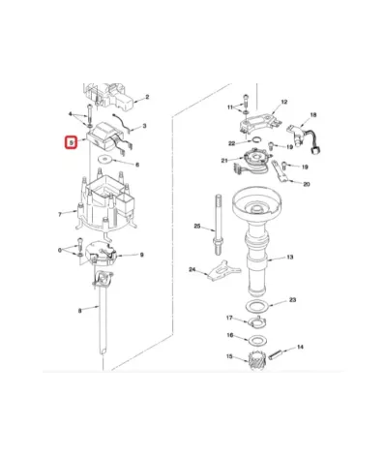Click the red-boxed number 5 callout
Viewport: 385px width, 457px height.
(x=70, y=144)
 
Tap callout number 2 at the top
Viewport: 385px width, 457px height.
(x=147, y=98)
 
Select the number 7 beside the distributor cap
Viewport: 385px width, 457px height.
(x=60, y=213)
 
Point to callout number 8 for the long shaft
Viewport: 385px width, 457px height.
(x=79, y=311)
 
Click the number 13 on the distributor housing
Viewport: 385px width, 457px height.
(x=288, y=259)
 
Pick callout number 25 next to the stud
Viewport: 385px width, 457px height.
(x=196, y=227)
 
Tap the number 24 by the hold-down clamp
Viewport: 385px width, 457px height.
(x=192, y=269)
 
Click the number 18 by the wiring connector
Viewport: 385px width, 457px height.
(x=312, y=115)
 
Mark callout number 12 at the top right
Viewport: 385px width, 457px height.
(x=284, y=102)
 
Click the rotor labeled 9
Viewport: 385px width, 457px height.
(x=104, y=254)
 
